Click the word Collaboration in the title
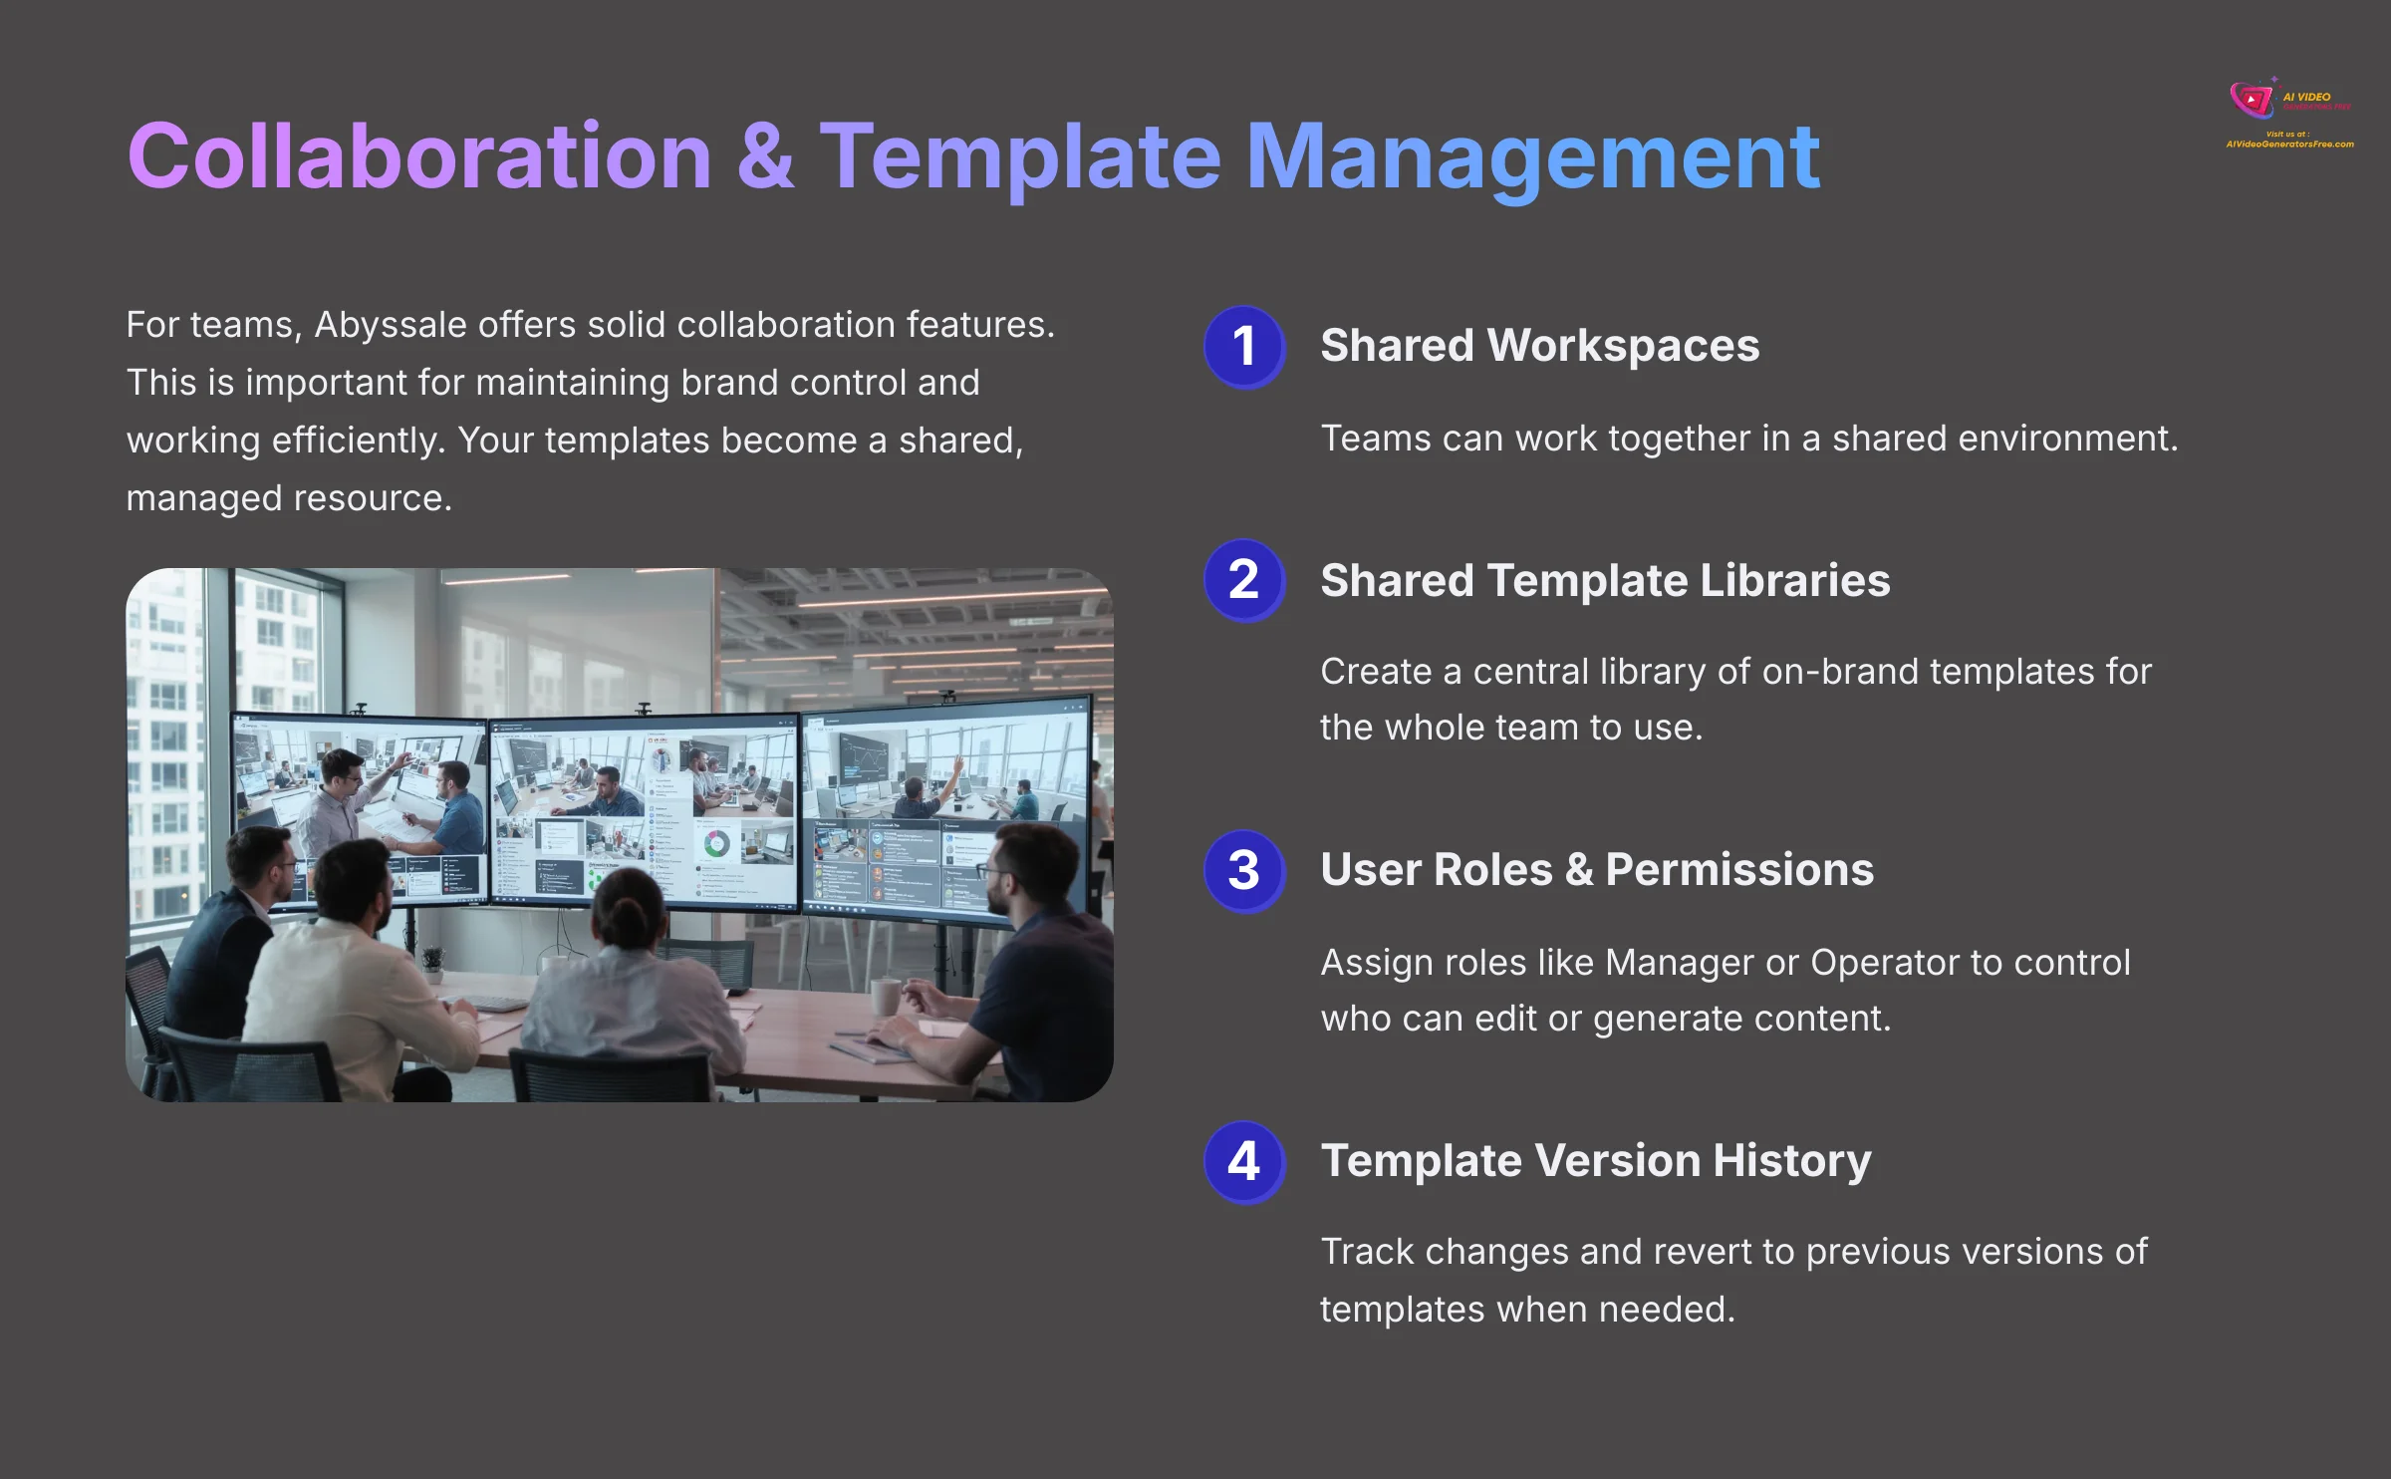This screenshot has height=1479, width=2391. [418, 156]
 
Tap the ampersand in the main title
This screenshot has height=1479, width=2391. [765, 156]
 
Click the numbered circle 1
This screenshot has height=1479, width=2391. [1243, 346]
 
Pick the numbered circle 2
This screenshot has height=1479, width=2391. [1243, 580]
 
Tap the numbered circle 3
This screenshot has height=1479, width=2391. [1243, 870]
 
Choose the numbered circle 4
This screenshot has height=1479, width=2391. [1243, 1161]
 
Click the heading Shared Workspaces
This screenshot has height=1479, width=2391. [1539, 346]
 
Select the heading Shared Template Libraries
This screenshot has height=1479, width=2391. [1604, 580]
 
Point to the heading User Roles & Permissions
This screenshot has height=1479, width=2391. [1596, 869]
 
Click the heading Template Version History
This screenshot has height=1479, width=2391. [1595, 1160]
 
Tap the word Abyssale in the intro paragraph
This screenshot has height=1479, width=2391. [391, 325]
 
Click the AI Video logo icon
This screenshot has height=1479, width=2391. [2252, 100]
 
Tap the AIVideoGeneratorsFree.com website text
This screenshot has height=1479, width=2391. [2289, 145]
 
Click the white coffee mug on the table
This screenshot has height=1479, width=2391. [885, 996]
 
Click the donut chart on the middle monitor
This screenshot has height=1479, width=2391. [716, 844]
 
